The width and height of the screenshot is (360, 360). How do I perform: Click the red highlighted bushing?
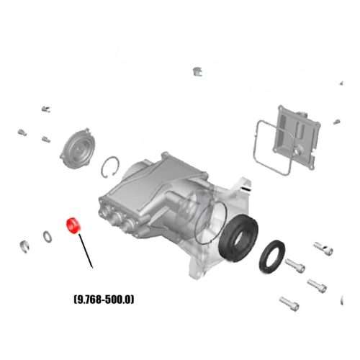click(x=73, y=225)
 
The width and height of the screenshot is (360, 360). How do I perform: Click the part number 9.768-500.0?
click(x=104, y=300)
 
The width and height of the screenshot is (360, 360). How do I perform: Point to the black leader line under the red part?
click(x=86, y=251)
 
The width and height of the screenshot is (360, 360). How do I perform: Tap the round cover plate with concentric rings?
click(x=78, y=149)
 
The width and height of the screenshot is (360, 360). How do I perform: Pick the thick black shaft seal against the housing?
click(x=238, y=238)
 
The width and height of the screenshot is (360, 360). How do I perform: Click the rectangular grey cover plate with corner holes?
click(x=297, y=138)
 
